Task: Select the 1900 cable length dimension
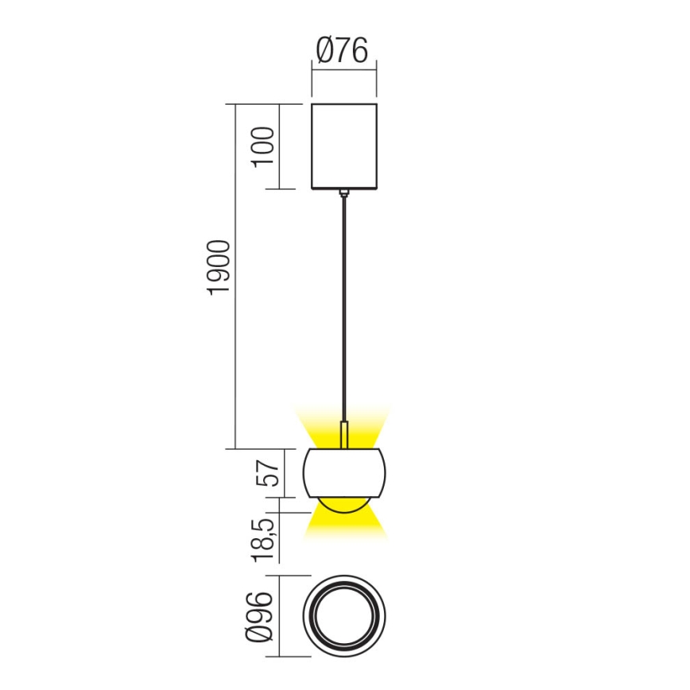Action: coord(219,268)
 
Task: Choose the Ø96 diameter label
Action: coord(262,617)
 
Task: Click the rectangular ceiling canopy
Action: coord(343,146)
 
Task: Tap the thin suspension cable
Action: coord(343,302)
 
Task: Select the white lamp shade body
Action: coord(344,474)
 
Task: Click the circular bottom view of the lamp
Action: coord(344,617)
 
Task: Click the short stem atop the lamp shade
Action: coord(344,436)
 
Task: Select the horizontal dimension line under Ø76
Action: coord(343,72)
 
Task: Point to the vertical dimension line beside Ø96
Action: coord(279,617)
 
